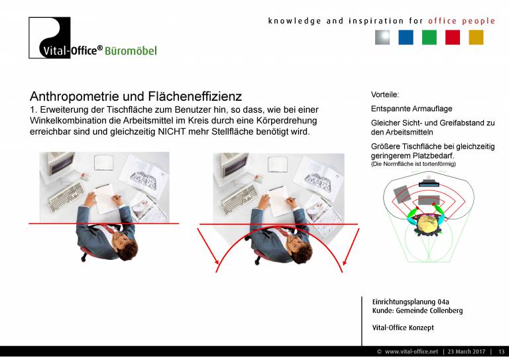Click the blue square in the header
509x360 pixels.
pos(406,37)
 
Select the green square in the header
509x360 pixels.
pos(429,37)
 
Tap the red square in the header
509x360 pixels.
pos(453,37)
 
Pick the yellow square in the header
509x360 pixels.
pos(477,37)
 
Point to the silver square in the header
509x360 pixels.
pos(382,37)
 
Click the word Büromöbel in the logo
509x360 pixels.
pos(131,51)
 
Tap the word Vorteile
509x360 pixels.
pos(385,95)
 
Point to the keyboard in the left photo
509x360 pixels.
pos(66,197)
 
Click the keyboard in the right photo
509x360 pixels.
pos(239,200)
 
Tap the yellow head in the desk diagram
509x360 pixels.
pos(428,224)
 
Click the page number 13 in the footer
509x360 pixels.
pos(501,351)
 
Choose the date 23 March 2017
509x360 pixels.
pos(467,351)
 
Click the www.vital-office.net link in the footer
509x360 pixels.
pos(412,351)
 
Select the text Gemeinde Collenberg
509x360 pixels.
pos(429,311)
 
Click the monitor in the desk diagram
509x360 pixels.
pos(429,184)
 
